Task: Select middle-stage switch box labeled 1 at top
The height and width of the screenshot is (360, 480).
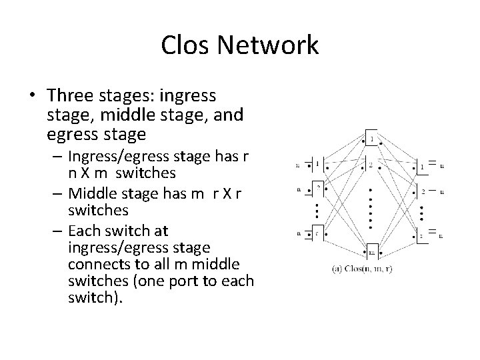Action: [370, 140]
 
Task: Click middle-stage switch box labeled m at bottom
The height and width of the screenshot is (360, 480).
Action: [371, 252]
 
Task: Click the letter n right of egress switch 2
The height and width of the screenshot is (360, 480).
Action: [442, 192]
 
